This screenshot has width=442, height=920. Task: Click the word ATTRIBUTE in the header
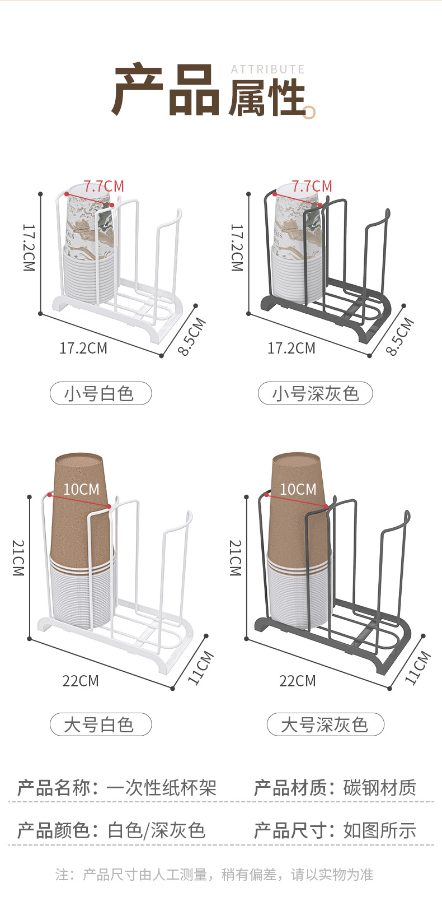tap(267, 69)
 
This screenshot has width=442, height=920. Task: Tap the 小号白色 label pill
tap(101, 393)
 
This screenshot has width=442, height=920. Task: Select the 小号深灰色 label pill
tap(315, 393)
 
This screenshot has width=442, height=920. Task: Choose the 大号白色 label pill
tap(101, 724)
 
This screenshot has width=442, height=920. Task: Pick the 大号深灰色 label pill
tap(325, 724)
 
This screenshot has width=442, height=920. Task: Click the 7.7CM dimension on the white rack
tap(104, 186)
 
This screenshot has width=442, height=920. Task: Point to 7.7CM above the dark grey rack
tap(312, 186)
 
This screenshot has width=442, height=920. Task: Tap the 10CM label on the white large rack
tap(81, 489)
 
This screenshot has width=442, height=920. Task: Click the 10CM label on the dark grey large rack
tap(298, 489)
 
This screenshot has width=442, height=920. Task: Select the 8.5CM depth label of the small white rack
tap(192, 336)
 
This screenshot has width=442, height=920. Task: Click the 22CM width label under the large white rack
tap(81, 681)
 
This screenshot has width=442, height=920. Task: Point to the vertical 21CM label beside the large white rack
tap(18, 558)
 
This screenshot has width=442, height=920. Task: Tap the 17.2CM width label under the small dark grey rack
tap(291, 348)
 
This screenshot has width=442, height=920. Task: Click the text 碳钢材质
tap(380, 788)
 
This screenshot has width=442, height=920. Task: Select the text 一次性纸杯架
tap(161, 788)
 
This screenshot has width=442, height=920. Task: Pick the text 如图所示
tap(380, 830)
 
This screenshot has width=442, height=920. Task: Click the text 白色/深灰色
tap(157, 830)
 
